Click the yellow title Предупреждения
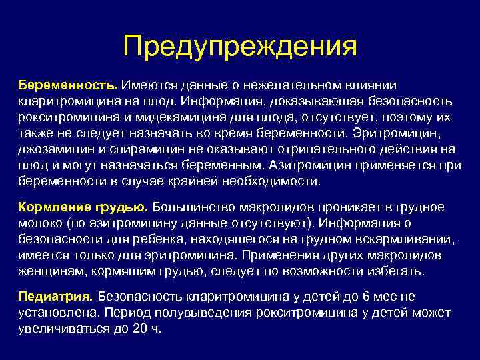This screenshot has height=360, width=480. (240, 47)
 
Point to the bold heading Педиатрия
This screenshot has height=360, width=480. (57, 296)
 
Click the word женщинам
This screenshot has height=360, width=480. (47, 271)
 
